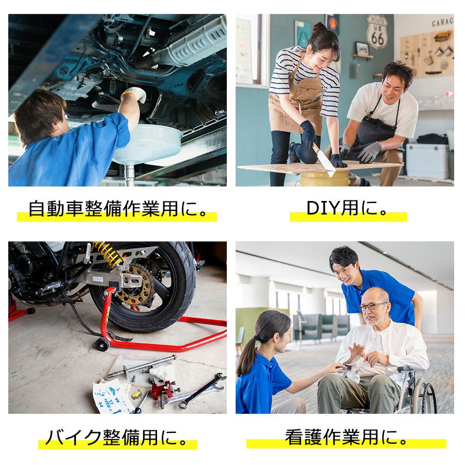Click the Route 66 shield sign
[377, 32]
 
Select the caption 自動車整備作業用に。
[118, 209]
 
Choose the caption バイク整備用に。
[117, 438]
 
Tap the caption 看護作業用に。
[347, 437]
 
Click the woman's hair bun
[319, 27]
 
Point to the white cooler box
[428, 161]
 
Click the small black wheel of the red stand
[102, 344]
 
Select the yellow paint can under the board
[325, 179]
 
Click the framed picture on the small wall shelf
[362, 49]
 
